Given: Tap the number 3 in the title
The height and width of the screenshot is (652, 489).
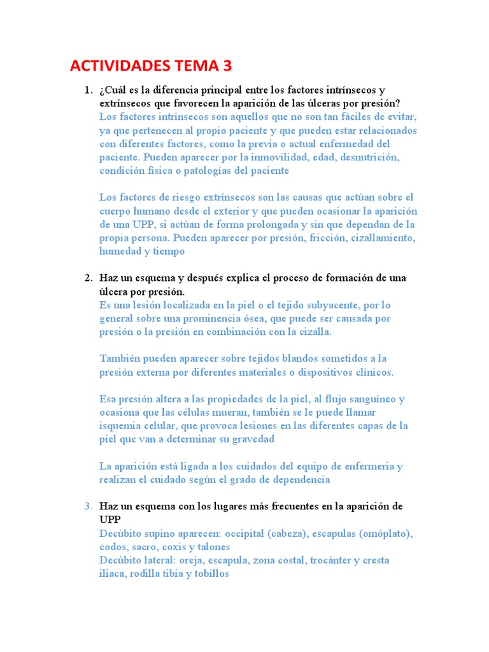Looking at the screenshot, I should click(226, 66).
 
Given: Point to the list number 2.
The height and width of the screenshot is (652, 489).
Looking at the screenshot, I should click(89, 278).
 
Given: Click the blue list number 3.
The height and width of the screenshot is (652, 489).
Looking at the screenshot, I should click(89, 506).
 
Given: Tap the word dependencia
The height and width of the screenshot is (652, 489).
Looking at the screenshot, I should click(300, 479).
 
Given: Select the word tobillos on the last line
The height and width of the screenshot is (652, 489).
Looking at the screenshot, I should click(208, 574).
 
